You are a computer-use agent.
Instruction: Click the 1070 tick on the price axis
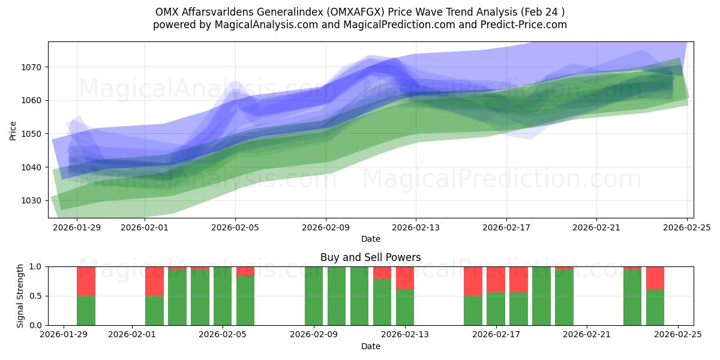(32, 67)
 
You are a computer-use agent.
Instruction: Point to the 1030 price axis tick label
(32, 200)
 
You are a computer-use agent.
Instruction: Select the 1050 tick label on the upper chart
(32, 134)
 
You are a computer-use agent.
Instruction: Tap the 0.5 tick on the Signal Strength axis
(35, 296)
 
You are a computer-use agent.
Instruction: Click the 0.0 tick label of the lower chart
(35, 325)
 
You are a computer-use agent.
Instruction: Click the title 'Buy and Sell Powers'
(370, 257)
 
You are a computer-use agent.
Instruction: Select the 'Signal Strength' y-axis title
(20, 295)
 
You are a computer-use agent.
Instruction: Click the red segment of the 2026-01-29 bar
(86, 281)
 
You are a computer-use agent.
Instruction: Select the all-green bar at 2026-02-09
(314, 296)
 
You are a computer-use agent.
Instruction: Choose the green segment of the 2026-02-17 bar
(496, 308)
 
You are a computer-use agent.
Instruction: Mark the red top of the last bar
(655, 278)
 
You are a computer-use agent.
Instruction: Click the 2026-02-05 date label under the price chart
(235, 227)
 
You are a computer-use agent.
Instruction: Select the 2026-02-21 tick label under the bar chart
(587, 335)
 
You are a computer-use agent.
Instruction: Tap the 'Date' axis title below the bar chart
(370, 346)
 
